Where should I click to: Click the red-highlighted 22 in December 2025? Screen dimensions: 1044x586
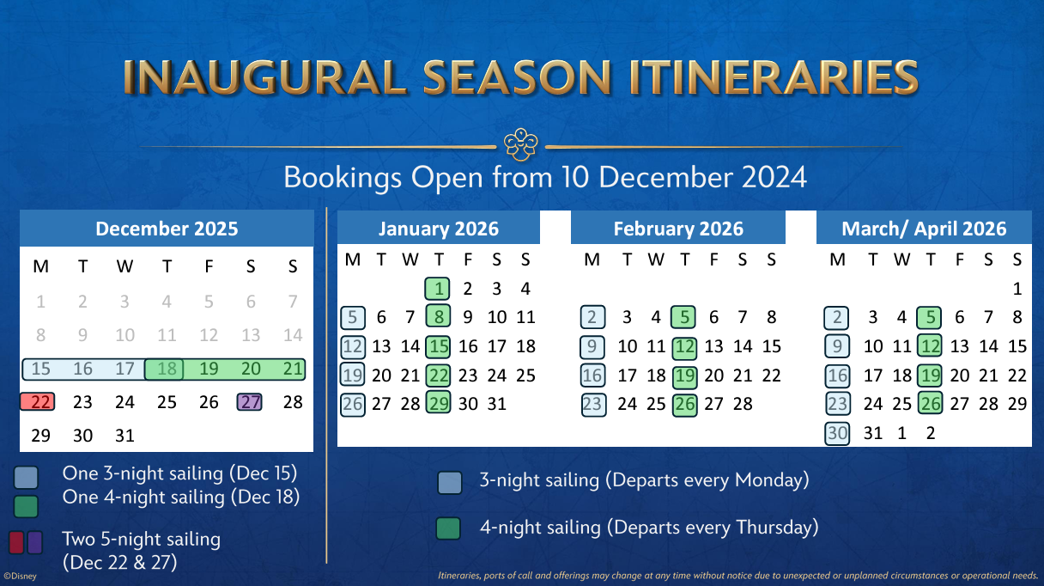click(x=37, y=402)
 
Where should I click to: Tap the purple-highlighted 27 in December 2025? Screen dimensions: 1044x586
click(x=250, y=402)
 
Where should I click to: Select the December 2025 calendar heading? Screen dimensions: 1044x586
click(x=167, y=229)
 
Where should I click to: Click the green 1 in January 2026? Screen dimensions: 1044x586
click(x=437, y=289)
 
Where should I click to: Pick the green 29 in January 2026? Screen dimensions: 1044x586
click(x=438, y=404)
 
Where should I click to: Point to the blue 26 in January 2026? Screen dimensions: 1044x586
click(x=352, y=404)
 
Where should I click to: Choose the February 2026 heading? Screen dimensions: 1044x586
click(x=678, y=229)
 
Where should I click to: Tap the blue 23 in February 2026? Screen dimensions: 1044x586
click(x=593, y=405)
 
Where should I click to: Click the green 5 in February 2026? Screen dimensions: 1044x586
click(x=683, y=317)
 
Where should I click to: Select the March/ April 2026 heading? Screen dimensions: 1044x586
click(x=924, y=229)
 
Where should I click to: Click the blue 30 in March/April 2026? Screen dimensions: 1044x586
click(x=837, y=433)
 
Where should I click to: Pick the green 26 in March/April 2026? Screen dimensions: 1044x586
click(x=930, y=404)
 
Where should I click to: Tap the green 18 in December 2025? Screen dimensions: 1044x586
click(x=164, y=369)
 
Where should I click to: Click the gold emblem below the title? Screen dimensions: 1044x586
click(x=521, y=144)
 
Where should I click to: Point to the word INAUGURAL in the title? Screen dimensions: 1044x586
click(x=265, y=77)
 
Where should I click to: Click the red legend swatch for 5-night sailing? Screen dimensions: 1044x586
click(x=16, y=542)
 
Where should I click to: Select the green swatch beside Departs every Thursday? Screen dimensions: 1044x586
click(x=448, y=528)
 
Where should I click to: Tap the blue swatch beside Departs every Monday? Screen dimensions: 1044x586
click(x=450, y=482)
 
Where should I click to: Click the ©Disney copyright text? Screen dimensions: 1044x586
click(x=20, y=577)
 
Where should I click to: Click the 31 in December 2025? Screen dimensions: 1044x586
click(x=124, y=436)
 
